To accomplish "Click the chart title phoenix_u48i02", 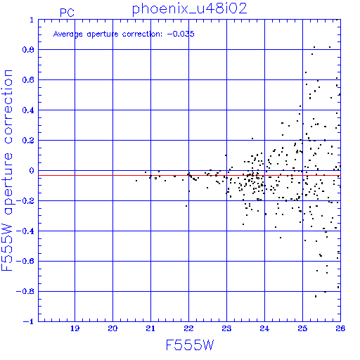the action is [x=189, y=9].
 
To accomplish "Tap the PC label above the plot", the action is [x=67, y=13].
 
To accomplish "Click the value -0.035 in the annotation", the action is [x=181, y=34].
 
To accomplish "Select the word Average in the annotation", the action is [x=68, y=34].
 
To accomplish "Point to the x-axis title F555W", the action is [x=190, y=345].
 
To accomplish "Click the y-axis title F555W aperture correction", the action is [x=8, y=170].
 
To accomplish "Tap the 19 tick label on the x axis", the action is [x=75, y=328].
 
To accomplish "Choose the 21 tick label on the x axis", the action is [x=150, y=328].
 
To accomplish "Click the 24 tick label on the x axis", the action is [x=264, y=328].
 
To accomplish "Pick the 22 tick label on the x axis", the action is [x=188, y=328].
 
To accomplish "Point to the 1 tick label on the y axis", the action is [x=32, y=20].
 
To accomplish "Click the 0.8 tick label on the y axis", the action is [x=28, y=50].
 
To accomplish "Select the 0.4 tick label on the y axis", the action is [x=28, y=110].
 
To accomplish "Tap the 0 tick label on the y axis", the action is [x=32, y=171].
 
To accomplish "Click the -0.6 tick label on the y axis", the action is [x=25, y=261].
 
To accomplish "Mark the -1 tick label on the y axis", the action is [x=28, y=321].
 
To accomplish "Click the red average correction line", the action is [x=189, y=175].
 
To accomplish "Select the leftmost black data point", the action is [x=136, y=181].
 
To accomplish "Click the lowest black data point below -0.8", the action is [x=316, y=297].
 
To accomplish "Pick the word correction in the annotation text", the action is [x=142, y=34].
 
